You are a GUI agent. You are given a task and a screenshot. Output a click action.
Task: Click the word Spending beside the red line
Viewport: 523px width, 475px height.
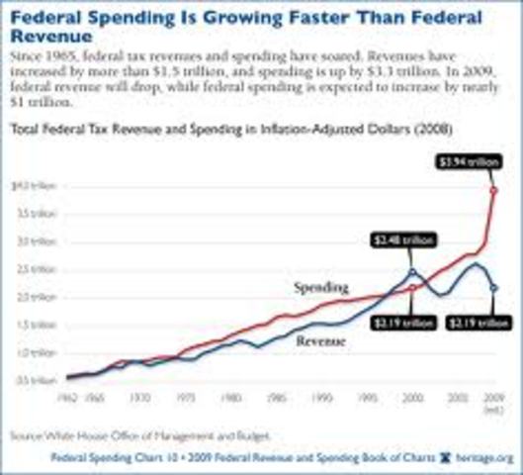click(x=321, y=287)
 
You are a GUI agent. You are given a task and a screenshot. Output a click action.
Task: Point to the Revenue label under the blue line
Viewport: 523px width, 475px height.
click(x=322, y=341)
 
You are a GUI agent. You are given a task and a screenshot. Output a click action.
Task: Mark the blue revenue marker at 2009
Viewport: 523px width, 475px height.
click(x=492, y=288)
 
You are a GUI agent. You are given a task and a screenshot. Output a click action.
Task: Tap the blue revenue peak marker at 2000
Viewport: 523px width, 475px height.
click(x=412, y=272)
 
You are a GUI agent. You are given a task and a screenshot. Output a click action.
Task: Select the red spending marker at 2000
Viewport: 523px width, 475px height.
click(x=412, y=288)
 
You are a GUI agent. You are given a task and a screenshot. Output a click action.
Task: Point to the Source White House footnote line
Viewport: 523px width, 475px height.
click(x=138, y=434)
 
